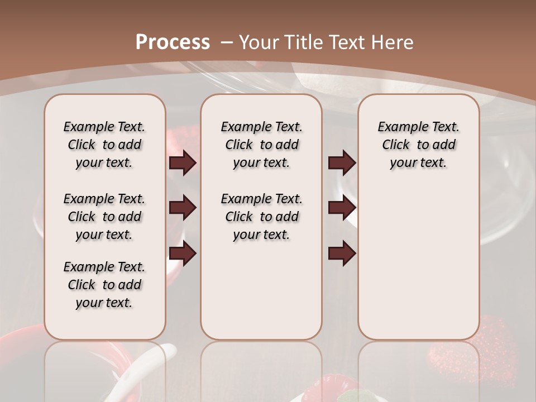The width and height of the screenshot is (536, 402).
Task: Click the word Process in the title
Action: point(173,42)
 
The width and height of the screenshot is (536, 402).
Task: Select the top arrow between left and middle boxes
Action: point(183,162)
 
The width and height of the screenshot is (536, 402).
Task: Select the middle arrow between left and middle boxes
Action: point(183,208)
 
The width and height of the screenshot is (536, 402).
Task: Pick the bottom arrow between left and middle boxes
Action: point(183,253)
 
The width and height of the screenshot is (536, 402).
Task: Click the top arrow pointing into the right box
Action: point(342,162)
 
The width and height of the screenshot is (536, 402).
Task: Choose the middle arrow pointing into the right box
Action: point(342,208)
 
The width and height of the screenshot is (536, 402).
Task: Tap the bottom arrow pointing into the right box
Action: point(342,253)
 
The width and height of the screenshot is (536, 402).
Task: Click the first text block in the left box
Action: point(104,145)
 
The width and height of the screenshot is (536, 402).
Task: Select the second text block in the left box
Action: point(104,217)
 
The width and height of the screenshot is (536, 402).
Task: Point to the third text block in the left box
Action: point(104,285)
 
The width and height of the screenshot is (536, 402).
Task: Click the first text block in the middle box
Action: point(261,145)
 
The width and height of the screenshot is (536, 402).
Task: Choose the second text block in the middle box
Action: point(261,217)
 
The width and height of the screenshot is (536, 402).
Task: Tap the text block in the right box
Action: point(418,145)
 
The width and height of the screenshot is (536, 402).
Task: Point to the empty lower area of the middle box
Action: point(261,290)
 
